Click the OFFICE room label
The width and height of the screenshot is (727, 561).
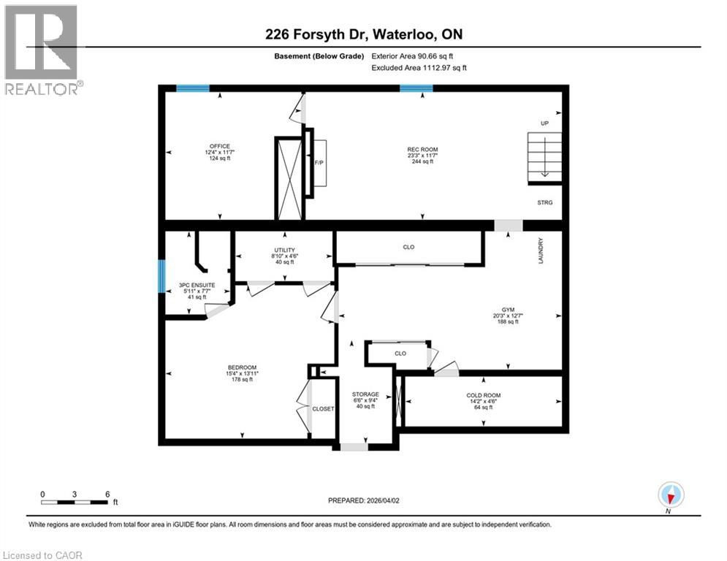tap(219, 145)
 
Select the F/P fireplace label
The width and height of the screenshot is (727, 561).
tap(319, 163)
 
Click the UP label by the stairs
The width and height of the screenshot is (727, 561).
tap(544, 123)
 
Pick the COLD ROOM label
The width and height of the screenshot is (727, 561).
tap(484, 395)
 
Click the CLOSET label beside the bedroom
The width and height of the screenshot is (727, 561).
tap(323, 409)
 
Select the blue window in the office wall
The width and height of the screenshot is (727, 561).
tap(192, 88)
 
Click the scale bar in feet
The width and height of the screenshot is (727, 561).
tap(76, 501)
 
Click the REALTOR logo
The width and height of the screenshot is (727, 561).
tap(42, 48)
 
